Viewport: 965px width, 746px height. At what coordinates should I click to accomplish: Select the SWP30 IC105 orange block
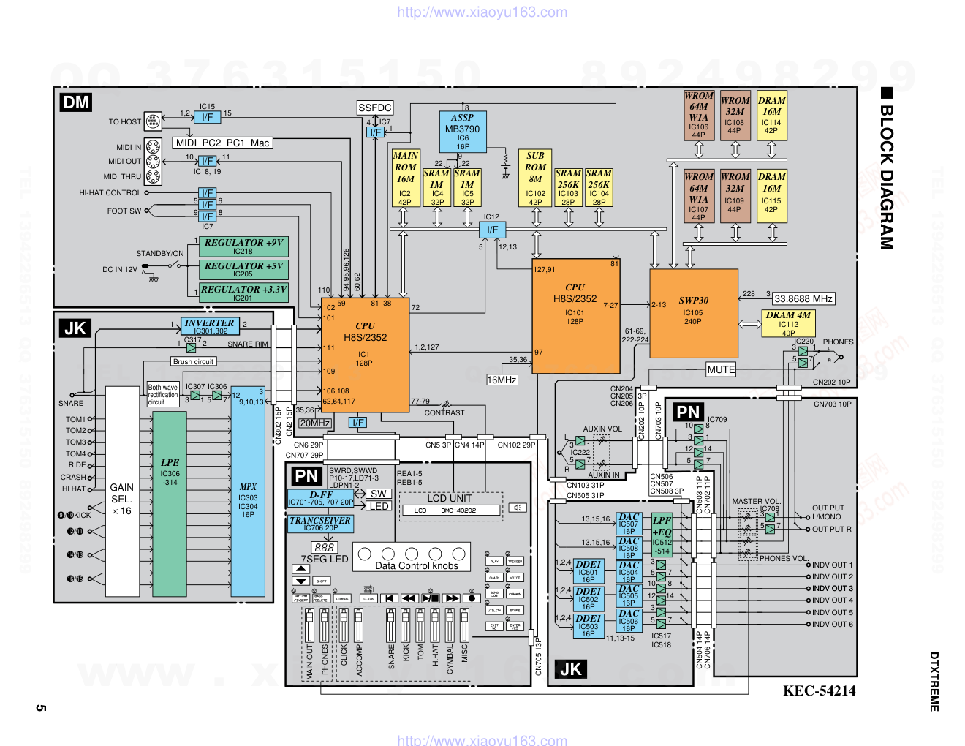point(693,312)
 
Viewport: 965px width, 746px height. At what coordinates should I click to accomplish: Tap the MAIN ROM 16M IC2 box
point(405,178)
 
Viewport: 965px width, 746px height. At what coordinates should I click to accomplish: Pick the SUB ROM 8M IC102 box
point(535,178)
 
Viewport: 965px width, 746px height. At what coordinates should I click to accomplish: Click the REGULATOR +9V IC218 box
point(243,246)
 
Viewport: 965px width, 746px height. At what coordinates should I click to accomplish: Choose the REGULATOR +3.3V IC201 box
point(243,293)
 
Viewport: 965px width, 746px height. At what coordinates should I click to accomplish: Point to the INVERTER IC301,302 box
point(210,326)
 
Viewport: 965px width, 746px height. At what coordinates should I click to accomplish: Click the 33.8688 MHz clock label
point(803,298)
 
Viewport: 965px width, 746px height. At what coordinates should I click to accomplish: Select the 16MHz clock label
point(502,380)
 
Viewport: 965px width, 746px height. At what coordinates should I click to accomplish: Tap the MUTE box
point(721,369)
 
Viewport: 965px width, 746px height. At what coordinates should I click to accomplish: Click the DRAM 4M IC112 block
point(788,323)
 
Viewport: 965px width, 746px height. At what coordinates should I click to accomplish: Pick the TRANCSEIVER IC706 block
point(320,523)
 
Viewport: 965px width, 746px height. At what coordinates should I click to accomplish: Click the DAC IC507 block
point(629,524)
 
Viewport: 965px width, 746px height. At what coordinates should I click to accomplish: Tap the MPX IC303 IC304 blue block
point(248,491)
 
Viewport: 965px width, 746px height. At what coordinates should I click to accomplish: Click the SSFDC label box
point(375,108)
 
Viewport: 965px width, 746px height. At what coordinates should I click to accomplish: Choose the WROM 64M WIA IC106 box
point(699,115)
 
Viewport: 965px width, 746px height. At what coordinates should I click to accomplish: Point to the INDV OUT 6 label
point(832,624)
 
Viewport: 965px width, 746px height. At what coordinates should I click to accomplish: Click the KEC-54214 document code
point(819,690)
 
